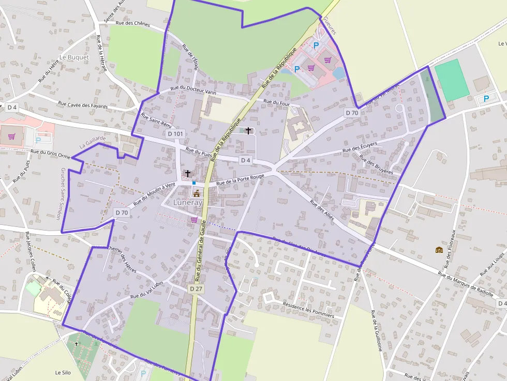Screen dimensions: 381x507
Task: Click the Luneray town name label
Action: click(x=188, y=203)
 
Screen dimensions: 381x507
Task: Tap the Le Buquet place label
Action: click(x=74, y=57)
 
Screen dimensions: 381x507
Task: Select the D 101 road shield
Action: click(x=175, y=134)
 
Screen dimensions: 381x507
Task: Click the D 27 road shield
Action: click(x=195, y=288)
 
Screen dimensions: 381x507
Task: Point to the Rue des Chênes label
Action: click(x=132, y=23)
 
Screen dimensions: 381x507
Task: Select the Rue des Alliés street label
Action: click(x=322, y=211)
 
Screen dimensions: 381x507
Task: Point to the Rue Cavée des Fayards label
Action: click(x=83, y=104)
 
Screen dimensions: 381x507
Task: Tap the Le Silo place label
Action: click(x=63, y=372)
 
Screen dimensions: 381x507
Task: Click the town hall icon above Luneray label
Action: click(x=197, y=193)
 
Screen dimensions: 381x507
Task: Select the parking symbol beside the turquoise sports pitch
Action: click(x=486, y=98)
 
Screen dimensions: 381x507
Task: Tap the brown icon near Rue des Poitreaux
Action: click(x=439, y=250)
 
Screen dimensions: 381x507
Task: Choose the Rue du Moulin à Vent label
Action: click(x=155, y=195)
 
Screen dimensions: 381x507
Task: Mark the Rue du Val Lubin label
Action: click(x=147, y=290)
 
